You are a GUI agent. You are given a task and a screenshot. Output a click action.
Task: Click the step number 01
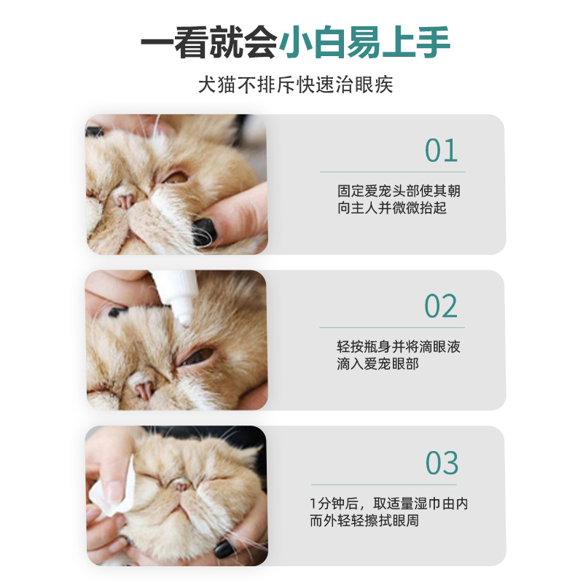pyautogui.click(x=441, y=151)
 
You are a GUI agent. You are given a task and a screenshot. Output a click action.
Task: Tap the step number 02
pyautogui.click(x=441, y=307)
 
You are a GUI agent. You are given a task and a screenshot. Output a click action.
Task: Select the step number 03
pyautogui.click(x=442, y=463)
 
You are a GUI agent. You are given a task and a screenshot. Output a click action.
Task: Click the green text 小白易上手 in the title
pyautogui.click(x=364, y=43)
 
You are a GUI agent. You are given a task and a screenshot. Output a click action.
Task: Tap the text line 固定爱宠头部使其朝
pyautogui.click(x=399, y=191)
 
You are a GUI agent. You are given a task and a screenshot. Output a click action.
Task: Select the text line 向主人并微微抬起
pyautogui.click(x=391, y=208)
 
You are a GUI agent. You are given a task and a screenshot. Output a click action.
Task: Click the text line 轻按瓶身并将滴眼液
pyautogui.click(x=399, y=347)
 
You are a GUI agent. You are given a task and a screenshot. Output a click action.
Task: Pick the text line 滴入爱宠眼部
pyautogui.click(x=377, y=364)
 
